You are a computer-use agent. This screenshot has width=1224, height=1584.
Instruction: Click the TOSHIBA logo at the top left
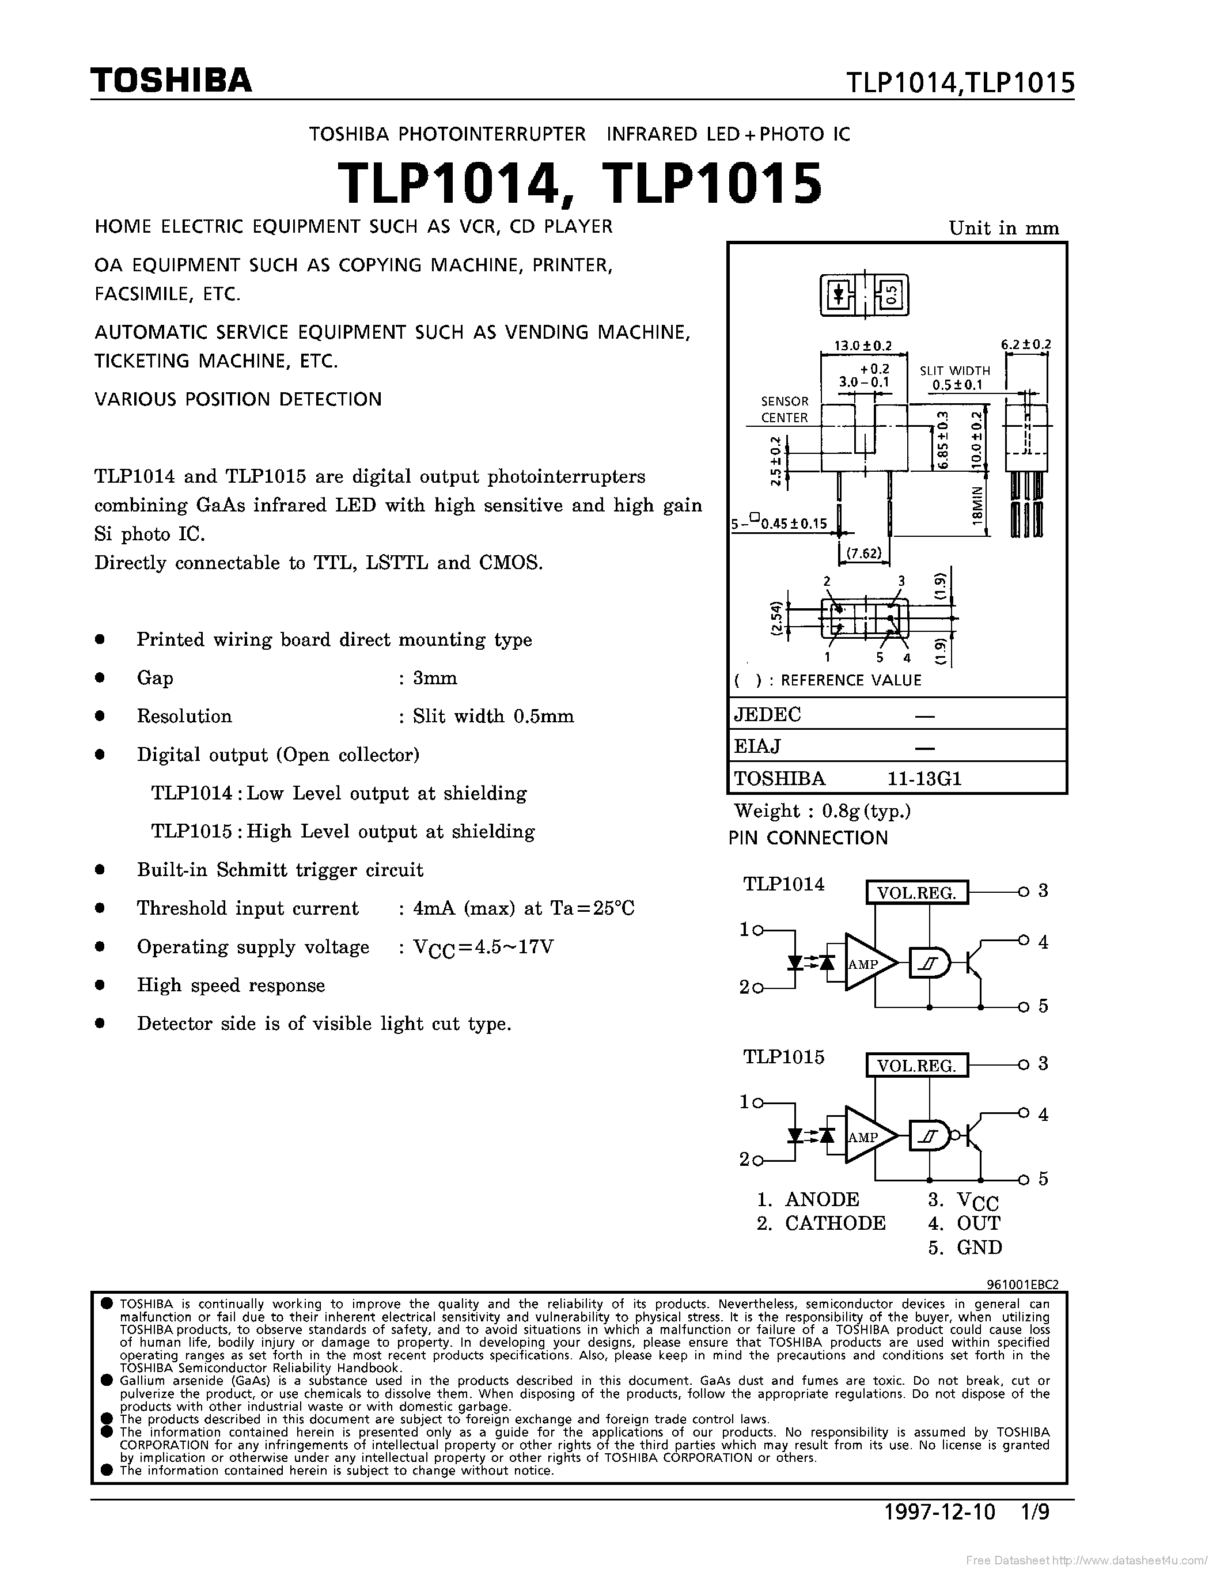[x=171, y=81]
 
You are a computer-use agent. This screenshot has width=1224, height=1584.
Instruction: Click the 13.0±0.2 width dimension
[x=863, y=346]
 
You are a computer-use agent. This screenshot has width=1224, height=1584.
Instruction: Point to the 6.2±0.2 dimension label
[x=1025, y=344]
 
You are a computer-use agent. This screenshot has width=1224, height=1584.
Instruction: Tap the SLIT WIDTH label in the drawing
[x=954, y=370]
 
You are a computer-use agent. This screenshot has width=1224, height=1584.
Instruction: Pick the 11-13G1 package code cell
[x=924, y=778]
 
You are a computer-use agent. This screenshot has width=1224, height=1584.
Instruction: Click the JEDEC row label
[x=767, y=714]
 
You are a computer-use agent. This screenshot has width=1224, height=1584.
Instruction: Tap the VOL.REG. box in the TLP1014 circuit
[x=916, y=892]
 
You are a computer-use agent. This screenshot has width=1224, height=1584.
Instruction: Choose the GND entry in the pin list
[x=979, y=1248]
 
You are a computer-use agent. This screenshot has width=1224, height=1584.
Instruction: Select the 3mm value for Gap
[x=434, y=678]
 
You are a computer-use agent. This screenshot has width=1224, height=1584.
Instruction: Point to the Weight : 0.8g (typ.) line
[x=823, y=811]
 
